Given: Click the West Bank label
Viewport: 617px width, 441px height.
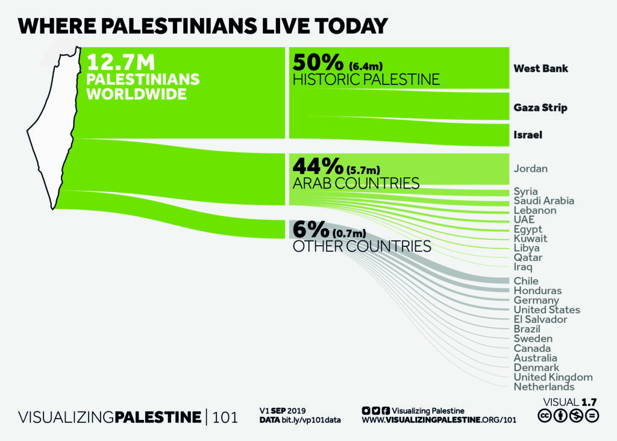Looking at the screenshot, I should (x=540, y=69).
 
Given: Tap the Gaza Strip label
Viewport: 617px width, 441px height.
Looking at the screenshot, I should (x=540, y=108).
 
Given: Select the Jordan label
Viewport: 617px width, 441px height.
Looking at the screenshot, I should (x=530, y=169).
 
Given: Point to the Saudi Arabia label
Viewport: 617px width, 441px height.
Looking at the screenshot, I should (x=543, y=201).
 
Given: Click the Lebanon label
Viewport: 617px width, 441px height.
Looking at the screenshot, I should (x=534, y=210).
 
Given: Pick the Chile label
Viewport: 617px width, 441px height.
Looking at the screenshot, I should (x=526, y=281).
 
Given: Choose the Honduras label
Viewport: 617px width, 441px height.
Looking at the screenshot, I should (x=537, y=290).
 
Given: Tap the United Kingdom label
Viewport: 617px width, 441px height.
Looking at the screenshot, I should (x=553, y=377).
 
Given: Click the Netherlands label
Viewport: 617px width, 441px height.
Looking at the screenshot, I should (x=543, y=387).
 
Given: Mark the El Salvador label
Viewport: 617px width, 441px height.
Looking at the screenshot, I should (x=540, y=319).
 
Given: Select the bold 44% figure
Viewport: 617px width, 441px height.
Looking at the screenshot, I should (x=317, y=166).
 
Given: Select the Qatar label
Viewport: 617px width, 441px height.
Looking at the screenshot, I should (x=528, y=257).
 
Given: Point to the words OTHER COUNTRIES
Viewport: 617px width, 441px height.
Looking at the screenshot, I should (x=362, y=246).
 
